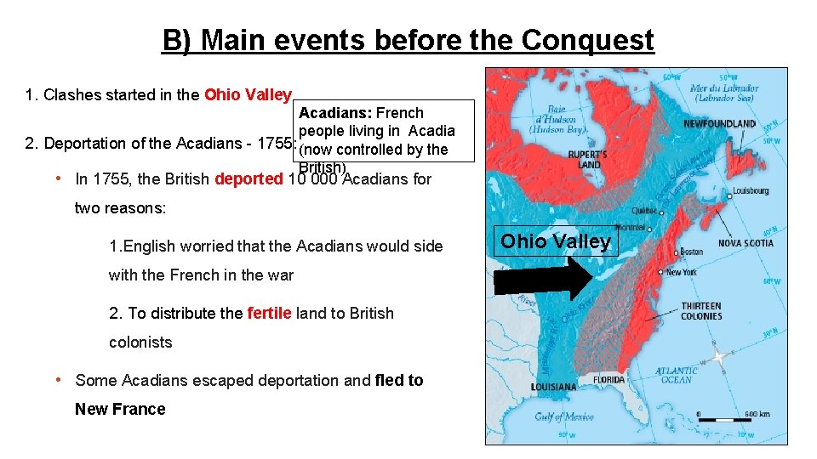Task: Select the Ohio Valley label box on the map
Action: tap(556, 241)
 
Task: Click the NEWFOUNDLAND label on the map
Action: tap(719, 124)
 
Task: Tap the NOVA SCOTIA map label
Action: tap(746, 243)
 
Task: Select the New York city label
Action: tap(682, 272)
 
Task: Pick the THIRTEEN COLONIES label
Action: tap(700, 311)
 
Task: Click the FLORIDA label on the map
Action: tap(608, 380)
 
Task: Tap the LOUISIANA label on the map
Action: tap(553, 387)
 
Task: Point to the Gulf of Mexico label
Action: tap(563, 416)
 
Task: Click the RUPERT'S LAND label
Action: tap(587, 160)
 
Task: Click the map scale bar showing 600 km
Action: tap(726, 417)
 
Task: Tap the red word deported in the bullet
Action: tap(249, 179)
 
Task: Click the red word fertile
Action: tap(269, 313)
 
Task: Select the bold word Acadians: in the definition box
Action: tap(335, 113)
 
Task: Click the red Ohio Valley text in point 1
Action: tap(248, 94)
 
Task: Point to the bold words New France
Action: tap(120, 409)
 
